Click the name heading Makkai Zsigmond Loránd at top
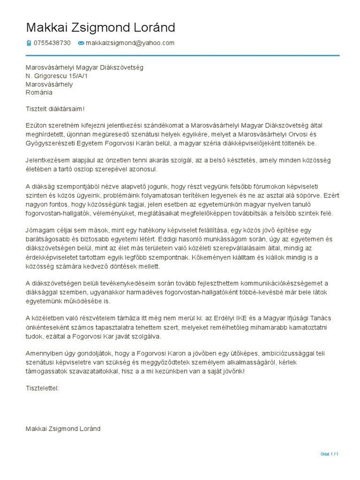(100, 28)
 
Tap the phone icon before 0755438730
(29, 43)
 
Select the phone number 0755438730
(52, 43)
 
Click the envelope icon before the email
(81, 43)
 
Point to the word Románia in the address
(39, 93)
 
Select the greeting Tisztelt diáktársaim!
(55, 109)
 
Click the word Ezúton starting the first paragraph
(37, 126)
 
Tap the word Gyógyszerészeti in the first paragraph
(50, 143)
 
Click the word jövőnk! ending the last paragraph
(232, 371)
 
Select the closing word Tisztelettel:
(42, 388)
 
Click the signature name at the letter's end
(63, 429)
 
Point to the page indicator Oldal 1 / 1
(329, 454)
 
